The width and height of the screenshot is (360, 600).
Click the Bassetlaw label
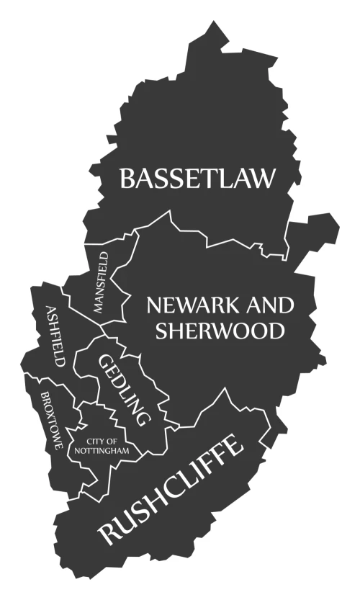[x=197, y=178]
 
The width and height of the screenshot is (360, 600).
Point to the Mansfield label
[x=100, y=282]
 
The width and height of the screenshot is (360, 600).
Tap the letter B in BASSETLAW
[x=128, y=178]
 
